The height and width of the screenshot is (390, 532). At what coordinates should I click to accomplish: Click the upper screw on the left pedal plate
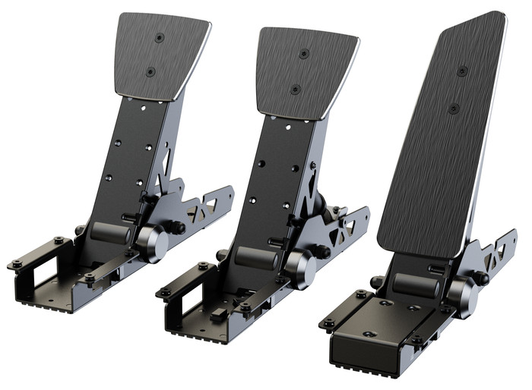159,37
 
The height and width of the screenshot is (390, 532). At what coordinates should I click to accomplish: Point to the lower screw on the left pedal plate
150,71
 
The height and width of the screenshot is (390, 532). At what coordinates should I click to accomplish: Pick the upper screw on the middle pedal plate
304,54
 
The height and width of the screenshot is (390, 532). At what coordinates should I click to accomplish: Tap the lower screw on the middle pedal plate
295,89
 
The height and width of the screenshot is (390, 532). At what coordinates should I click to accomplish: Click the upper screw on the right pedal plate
462,71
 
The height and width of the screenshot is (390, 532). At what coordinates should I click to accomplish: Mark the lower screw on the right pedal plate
453,109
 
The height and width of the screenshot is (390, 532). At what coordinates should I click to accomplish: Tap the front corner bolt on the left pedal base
16,264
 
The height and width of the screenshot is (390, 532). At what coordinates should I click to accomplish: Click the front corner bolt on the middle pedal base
164,291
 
